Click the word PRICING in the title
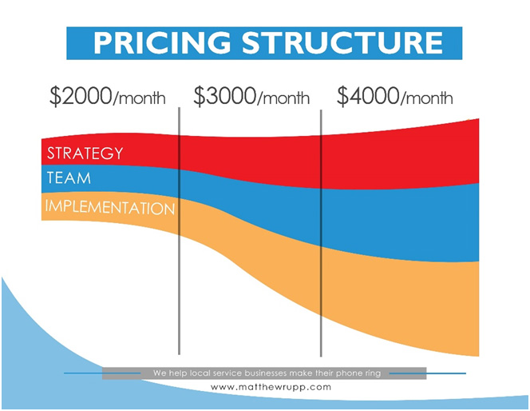point(162,42)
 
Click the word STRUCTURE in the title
point(342,42)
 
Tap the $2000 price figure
point(81,96)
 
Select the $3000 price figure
point(224,96)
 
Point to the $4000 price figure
point(368,96)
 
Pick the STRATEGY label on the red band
point(85,154)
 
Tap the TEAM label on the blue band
point(69,178)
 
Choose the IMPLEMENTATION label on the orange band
point(110,207)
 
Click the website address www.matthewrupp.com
point(271,387)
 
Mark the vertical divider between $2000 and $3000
point(179,231)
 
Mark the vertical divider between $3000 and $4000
point(321,233)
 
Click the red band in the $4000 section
point(399,159)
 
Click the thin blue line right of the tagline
point(428,373)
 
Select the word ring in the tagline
point(373,373)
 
